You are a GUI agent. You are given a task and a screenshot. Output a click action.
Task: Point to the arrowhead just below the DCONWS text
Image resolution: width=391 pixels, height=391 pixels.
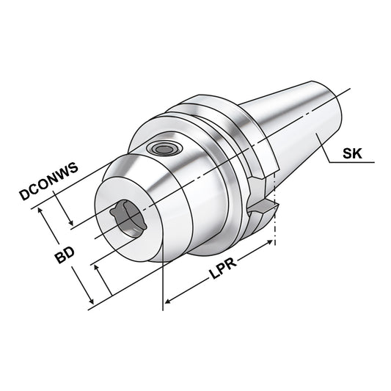[x=72, y=224]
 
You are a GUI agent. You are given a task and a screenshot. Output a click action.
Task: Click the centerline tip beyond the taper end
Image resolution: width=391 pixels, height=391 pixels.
[x=351, y=89]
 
